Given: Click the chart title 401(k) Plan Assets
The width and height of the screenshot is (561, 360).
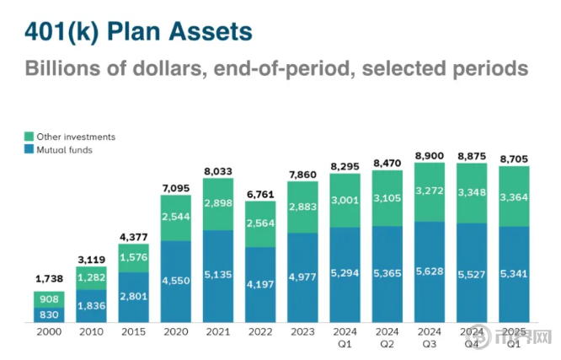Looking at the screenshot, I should pos(139,31).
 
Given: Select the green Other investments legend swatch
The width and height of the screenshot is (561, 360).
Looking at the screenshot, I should pos(28,137).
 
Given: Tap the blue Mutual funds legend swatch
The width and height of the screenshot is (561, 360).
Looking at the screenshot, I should pos(28,149).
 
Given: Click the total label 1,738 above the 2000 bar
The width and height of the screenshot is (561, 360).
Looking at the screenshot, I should pos(50,277).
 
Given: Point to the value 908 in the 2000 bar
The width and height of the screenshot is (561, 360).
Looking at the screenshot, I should pos(50,298).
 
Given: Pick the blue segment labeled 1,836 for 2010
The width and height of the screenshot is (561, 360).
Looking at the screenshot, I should pos(92,305).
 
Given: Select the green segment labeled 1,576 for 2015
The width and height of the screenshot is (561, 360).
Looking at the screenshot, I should pos(135,256).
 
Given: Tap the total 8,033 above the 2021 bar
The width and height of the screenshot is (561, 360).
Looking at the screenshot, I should pos(219,171).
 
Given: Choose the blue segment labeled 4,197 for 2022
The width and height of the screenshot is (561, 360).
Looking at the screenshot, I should pos(261,283).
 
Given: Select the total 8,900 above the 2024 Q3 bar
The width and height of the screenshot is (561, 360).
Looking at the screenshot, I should pos(430,157).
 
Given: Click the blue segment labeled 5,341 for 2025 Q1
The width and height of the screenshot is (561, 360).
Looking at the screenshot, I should pos(515,274).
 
